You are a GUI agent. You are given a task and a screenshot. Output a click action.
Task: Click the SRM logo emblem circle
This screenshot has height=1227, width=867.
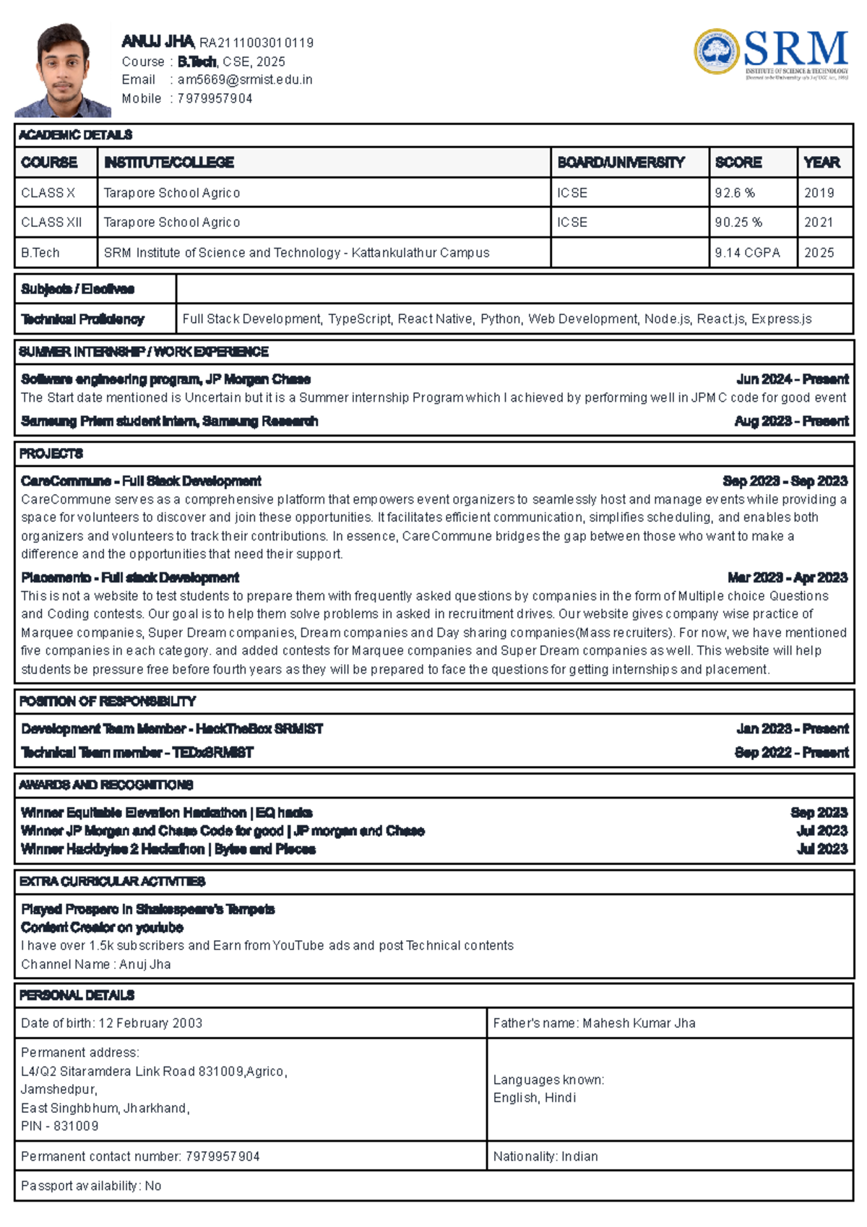point(716,52)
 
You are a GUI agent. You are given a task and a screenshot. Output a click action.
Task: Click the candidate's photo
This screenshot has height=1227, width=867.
point(63,71)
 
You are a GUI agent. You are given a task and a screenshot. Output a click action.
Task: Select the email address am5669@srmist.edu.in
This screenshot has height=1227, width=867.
point(245,80)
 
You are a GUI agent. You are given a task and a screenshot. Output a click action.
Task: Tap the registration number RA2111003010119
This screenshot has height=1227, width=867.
point(256,43)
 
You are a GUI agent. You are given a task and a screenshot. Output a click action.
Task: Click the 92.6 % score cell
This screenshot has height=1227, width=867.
point(735,193)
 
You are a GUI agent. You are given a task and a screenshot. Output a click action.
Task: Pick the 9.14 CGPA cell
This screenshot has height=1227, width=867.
point(747,253)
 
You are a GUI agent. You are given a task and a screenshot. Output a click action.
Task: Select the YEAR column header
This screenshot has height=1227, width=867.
point(821,163)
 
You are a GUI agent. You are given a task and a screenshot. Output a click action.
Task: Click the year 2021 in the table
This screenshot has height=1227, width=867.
point(819,223)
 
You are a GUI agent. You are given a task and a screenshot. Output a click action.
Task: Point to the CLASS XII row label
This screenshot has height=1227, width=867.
point(51,223)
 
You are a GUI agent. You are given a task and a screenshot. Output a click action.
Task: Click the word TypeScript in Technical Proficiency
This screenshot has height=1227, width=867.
point(359,319)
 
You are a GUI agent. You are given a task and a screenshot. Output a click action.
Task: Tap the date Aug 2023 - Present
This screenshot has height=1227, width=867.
point(791,421)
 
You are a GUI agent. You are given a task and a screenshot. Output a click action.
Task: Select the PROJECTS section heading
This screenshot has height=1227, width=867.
point(51,454)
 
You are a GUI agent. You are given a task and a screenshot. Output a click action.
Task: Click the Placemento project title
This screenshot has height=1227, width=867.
point(130,577)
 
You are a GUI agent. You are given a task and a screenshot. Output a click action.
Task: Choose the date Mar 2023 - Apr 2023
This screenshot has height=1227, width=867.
point(787,577)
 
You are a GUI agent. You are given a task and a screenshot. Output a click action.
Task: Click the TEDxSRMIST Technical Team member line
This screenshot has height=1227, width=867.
point(137,752)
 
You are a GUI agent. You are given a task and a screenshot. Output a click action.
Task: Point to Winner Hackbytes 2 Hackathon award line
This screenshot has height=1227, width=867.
point(168,849)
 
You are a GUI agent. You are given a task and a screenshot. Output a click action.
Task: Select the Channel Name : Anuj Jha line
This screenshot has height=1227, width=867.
point(96,964)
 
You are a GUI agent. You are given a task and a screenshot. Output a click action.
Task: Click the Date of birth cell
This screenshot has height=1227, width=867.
point(112,1023)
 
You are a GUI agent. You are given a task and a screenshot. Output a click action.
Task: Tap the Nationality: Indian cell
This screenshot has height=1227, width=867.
point(545,1156)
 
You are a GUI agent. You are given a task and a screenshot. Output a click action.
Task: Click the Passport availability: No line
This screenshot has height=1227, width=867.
point(91,1186)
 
